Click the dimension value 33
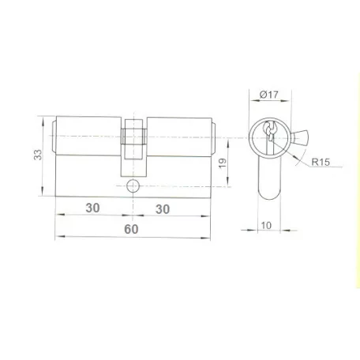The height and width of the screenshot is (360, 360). pos(38,155)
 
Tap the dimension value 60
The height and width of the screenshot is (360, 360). pos(131,229)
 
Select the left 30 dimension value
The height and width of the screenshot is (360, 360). pos(92,208)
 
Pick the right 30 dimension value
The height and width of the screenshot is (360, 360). pos(163,209)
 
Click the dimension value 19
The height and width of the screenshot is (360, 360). pos(223,163)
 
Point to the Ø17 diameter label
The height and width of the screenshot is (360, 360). pos(268,95)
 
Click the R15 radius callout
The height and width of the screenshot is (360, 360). pos(321,162)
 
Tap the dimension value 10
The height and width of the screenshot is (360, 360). pos(266,225)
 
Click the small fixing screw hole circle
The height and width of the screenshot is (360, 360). pos(133,186)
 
